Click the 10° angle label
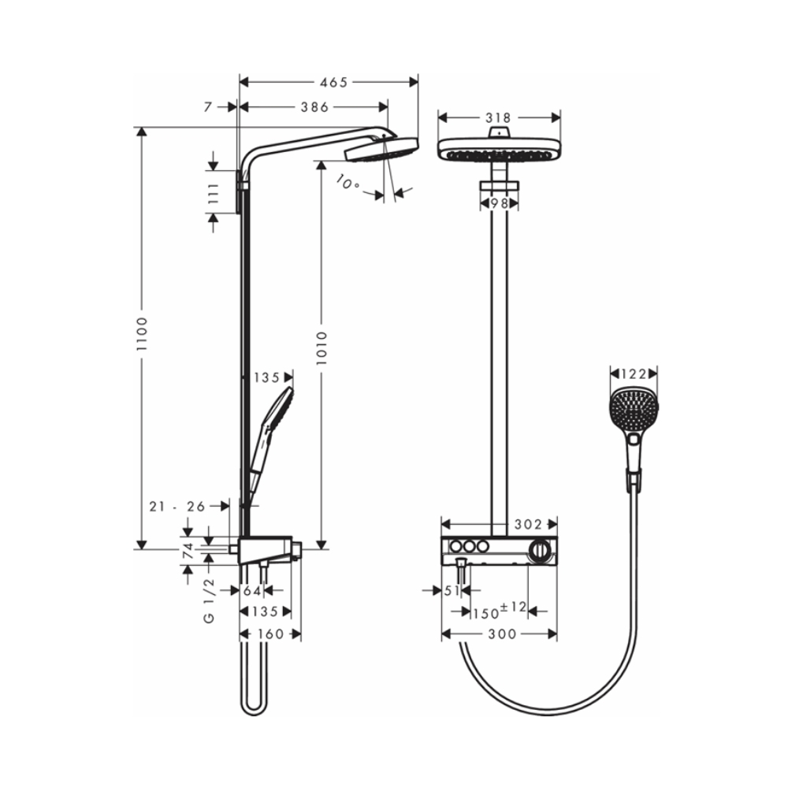(347, 184)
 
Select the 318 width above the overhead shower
(498, 117)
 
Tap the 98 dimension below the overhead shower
(498, 203)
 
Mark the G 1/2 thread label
(210, 600)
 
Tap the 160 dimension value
(270, 634)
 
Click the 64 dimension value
(252, 590)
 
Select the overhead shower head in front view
(498, 149)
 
